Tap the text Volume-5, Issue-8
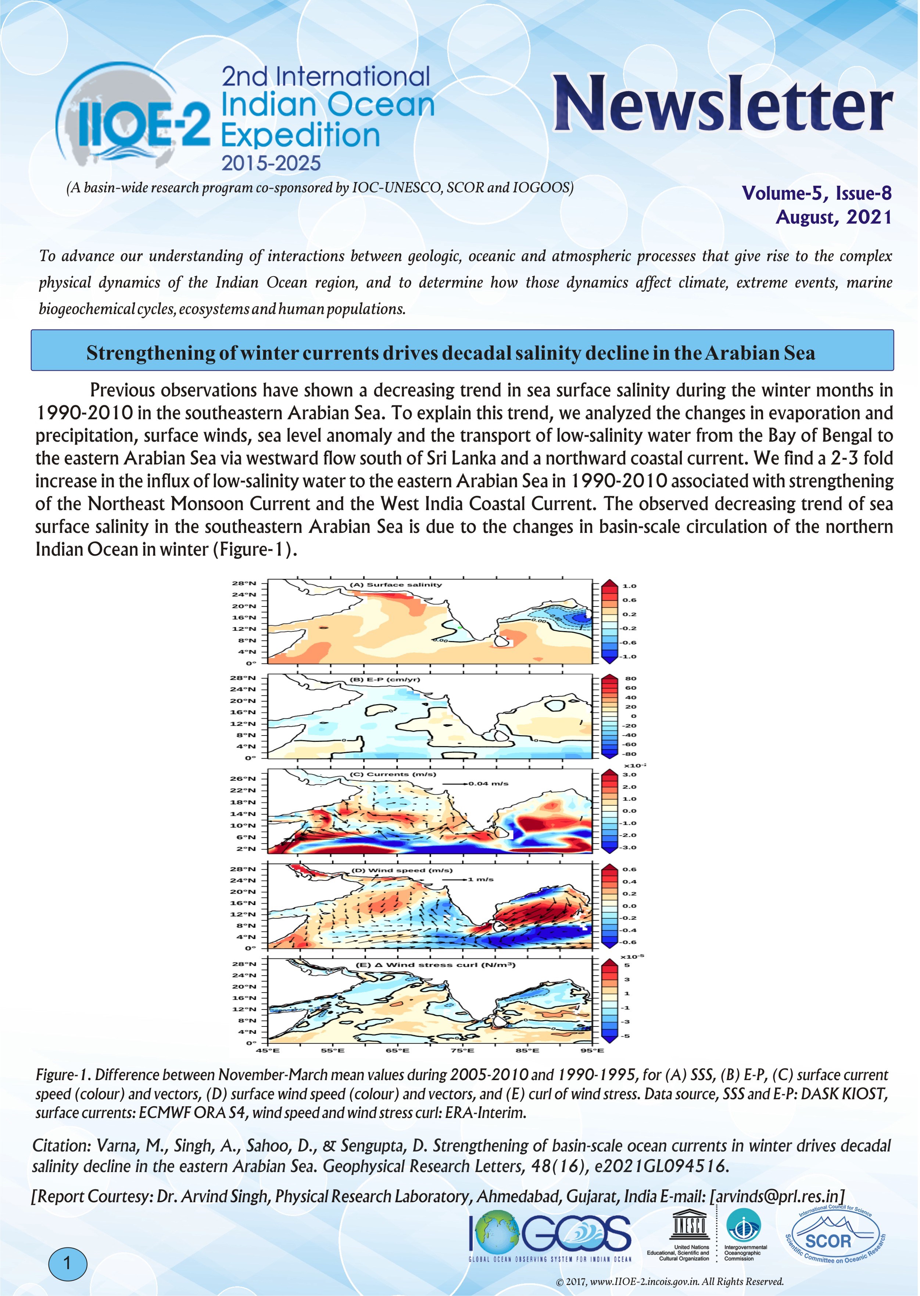click(x=816, y=193)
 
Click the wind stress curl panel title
click(x=434, y=965)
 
